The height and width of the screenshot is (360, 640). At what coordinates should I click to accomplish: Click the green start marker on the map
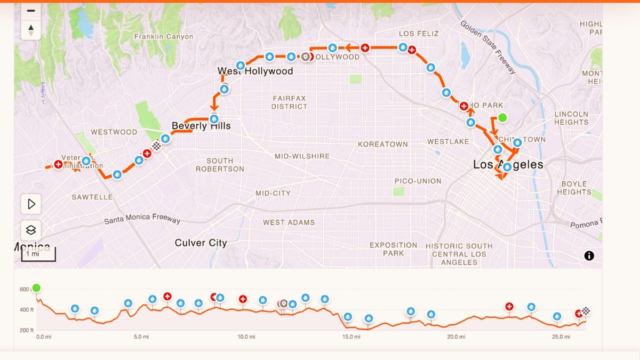[x=502, y=118]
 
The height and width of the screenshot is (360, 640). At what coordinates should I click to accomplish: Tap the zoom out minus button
[x=31, y=11]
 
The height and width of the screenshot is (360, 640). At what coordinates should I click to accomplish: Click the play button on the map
[x=31, y=204]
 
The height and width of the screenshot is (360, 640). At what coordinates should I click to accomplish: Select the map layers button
[x=31, y=230]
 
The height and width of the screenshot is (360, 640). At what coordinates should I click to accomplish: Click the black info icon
[x=589, y=255]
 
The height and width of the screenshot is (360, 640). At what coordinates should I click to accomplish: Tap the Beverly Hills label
[x=201, y=126]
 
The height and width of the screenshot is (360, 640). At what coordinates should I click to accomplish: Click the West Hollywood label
[x=255, y=71]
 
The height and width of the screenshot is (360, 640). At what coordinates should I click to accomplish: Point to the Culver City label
[x=201, y=243]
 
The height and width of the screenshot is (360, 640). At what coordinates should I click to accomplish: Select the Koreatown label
[x=382, y=144]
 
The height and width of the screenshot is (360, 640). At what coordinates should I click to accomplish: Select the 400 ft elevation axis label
[x=26, y=310]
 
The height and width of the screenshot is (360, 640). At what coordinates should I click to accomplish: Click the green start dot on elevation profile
[x=36, y=288]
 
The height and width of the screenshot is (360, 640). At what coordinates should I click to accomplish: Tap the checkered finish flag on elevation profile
[x=586, y=311]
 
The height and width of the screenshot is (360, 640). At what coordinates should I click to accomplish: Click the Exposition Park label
[x=393, y=249]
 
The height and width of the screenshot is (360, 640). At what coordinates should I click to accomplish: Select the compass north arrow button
[x=31, y=30]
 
